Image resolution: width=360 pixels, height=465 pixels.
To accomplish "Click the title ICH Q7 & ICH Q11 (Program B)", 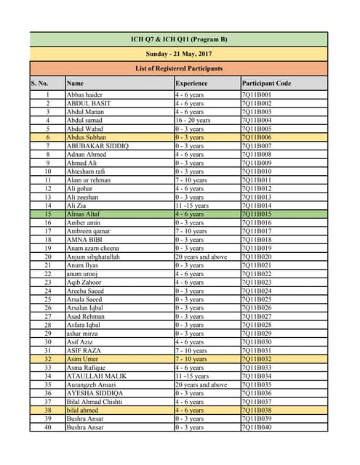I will point(179,39).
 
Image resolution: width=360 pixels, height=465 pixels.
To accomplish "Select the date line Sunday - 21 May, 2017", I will point(179,53).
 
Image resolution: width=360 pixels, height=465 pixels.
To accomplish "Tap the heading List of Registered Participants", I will point(179,68).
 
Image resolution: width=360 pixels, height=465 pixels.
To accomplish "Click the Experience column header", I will point(191,84).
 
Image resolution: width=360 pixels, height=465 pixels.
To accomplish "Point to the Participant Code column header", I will point(266,84).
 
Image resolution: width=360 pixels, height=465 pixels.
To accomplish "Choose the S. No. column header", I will point(39,84).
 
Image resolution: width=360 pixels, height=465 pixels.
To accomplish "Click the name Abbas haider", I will point(84,95).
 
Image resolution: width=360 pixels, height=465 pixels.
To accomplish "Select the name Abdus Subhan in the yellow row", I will point(87,137).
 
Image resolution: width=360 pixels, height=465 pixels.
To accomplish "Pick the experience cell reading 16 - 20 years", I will point(193,121).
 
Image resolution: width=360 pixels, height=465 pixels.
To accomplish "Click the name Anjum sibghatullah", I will point(95,257).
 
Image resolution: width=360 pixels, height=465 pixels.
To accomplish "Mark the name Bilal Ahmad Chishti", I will point(95,402).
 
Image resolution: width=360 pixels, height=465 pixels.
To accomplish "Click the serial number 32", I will point(47,359).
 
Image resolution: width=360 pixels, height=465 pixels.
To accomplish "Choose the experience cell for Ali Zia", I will point(192,206).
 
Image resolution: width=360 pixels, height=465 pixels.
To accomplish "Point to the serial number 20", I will point(47,257).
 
